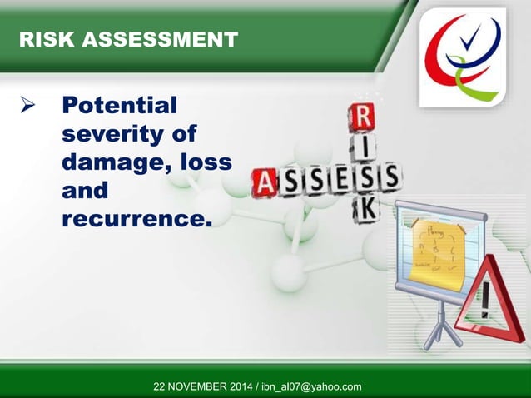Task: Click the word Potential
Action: (x=120, y=106)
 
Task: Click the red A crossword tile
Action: (x=265, y=182)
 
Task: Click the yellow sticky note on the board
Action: (x=434, y=248)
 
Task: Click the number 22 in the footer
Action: (x=161, y=386)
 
